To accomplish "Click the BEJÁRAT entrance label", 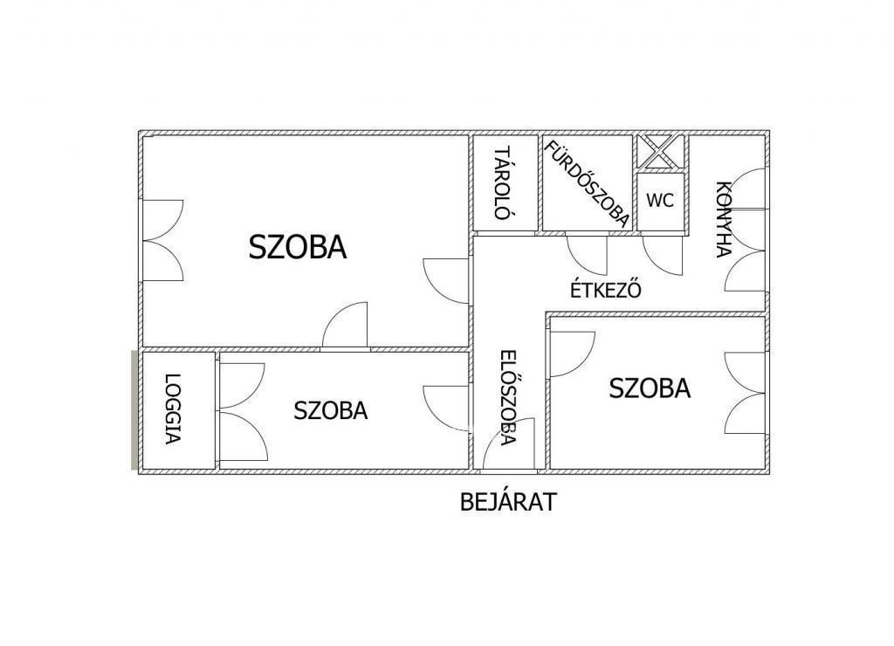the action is (x=508, y=502).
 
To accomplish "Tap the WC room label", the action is (x=660, y=200).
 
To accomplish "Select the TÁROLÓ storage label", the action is (x=502, y=183).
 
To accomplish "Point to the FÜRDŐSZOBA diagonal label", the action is (x=588, y=183).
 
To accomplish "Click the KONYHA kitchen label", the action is (x=724, y=219).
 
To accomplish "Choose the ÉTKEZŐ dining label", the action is (x=606, y=290).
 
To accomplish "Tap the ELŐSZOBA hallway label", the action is (x=507, y=397).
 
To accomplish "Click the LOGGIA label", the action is (x=172, y=409).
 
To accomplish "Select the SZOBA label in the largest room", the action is (x=298, y=247).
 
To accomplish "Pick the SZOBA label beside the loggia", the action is (x=331, y=410).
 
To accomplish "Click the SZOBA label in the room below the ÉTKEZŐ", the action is (x=650, y=388).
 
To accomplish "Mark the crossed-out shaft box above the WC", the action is (x=660, y=152).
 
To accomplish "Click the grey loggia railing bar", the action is (x=134, y=410).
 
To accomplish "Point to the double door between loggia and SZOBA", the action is (x=243, y=412).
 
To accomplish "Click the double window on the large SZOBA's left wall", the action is (x=162, y=240).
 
